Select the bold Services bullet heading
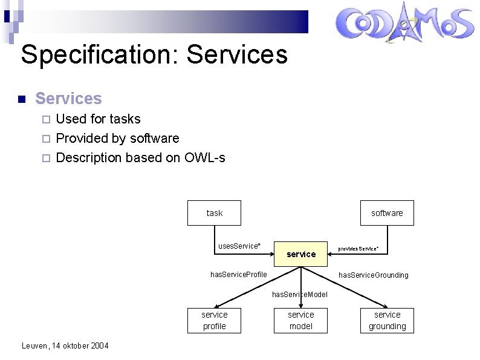click(x=68, y=98)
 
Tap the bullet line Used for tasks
click(x=98, y=119)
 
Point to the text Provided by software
click(x=117, y=139)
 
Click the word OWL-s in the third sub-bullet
click(x=206, y=158)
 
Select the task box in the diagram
click(x=214, y=213)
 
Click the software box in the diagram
click(x=387, y=213)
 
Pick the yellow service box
click(x=301, y=254)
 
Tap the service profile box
click(x=214, y=320)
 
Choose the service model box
click(x=301, y=320)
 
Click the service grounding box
click(x=387, y=320)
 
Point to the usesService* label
click(x=239, y=246)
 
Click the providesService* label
click(x=358, y=249)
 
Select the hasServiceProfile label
click(x=239, y=275)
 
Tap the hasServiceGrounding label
click(x=373, y=275)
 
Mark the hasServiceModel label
click(x=300, y=295)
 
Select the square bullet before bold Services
click(x=21, y=99)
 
